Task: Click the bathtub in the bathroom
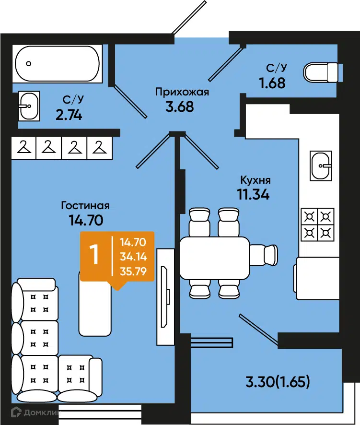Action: pos(57,64)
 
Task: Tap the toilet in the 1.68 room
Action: pos(322,72)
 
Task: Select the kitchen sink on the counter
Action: pos(321,165)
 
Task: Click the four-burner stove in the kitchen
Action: pos(317,224)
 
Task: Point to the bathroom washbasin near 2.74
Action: pos(29,106)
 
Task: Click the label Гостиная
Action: pos(85,205)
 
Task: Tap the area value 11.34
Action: pos(253,194)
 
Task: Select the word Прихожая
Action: pos(182,92)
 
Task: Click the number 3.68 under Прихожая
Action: pos(180,106)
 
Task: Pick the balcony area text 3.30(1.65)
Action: pos(278,382)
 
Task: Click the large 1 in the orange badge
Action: pos(94,254)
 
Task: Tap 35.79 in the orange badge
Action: pos(133,272)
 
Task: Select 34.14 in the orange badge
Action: pos(133,257)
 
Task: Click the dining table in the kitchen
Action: pos(215,258)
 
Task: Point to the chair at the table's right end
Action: pos(264,255)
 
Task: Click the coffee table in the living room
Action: pos(95,304)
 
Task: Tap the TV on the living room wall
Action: pos(165,297)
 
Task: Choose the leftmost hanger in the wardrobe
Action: pos(24,147)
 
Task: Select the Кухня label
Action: pos(255,180)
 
